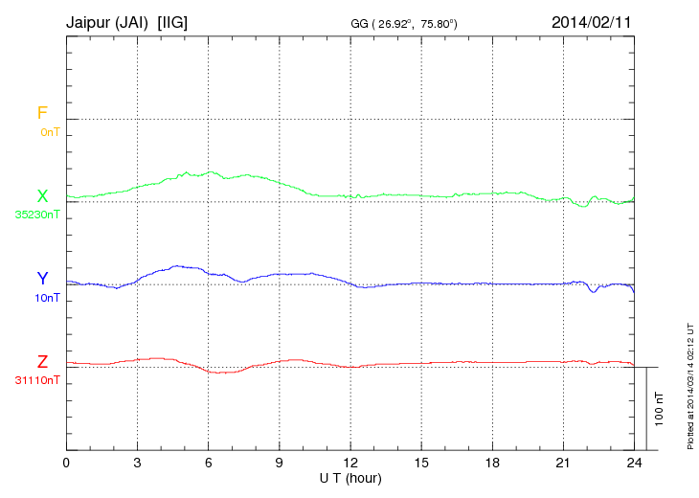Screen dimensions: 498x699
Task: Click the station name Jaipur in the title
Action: [x=90, y=20]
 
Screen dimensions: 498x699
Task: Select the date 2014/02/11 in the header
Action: [x=592, y=20]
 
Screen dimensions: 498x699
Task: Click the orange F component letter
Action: [x=42, y=113]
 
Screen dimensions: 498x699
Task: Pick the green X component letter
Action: [x=42, y=196]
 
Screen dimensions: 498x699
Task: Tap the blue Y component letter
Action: [x=42, y=279]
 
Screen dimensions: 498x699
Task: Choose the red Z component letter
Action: [x=42, y=362]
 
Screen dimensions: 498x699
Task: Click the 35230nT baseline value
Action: [x=38, y=215]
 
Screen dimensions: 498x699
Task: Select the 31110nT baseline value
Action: [x=38, y=380]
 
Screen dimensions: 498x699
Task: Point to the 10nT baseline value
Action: [x=48, y=298]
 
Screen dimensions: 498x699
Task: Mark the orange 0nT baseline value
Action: [x=50, y=132]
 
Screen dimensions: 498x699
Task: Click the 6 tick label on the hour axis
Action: [x=208, y=463]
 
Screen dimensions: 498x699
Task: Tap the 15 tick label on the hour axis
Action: [x=420, y=463]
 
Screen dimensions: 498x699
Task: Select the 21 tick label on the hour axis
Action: [x=563, y=463]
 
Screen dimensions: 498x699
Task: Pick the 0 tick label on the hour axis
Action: [x=66, y=463]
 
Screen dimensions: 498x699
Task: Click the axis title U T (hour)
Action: [x=350, y=477]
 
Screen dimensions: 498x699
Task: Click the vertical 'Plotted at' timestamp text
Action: [x=689, y=383]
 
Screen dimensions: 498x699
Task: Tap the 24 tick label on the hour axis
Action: [x=634, y=463]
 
